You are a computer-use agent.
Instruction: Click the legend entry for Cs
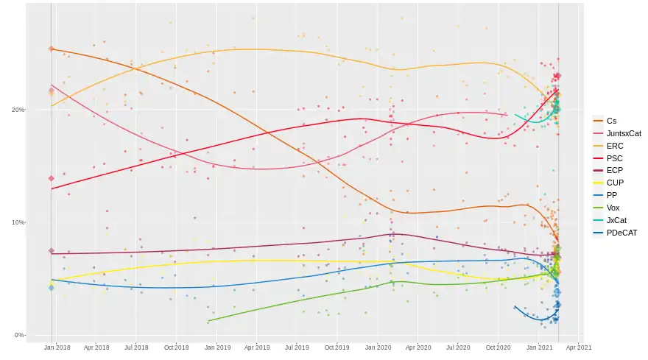click(x=611, y=121)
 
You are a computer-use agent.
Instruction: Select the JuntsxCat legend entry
click(x=623, y=133)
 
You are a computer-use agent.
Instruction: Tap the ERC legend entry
click(x=615, y=146)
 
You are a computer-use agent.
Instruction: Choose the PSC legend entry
click(x=615, y=158)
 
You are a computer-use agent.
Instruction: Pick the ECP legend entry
click(x=615, y=171)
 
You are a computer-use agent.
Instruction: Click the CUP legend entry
click(x=615, y=183)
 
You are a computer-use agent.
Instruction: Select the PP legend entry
click(x=612, y=196)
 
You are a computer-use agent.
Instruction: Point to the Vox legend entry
click(x=613, y=208)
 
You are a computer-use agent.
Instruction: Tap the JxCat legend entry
click(x=616, y=221)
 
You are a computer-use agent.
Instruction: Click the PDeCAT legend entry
click(x=621, y=233)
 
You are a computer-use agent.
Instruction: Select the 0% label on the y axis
click(x=19, y=335)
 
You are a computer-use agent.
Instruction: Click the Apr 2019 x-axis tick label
click(x=256, y=347)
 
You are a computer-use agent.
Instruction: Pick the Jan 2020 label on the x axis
click(x=378, y=347)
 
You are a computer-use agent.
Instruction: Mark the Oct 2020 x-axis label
click(x=499, y=347)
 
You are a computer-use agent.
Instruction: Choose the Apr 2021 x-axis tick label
click(x=579, y=347)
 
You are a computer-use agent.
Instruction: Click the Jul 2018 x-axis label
click(x=136, y=347)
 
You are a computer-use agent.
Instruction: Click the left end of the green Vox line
click(x=208, y=322)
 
